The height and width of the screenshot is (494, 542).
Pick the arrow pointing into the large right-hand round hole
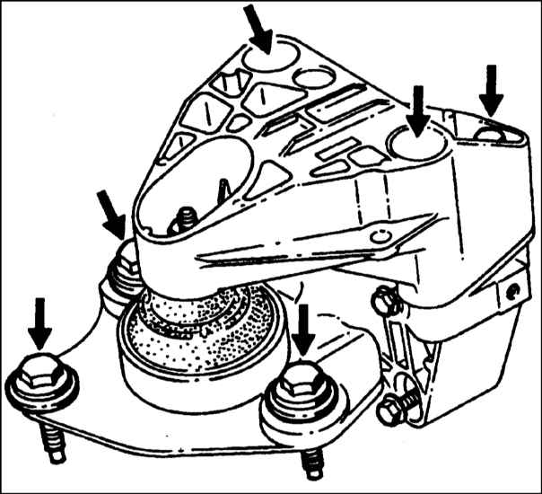pyautogui.click(x=415, y=108)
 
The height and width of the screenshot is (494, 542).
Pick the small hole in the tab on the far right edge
pyautogui.click(x=513, y=290)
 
